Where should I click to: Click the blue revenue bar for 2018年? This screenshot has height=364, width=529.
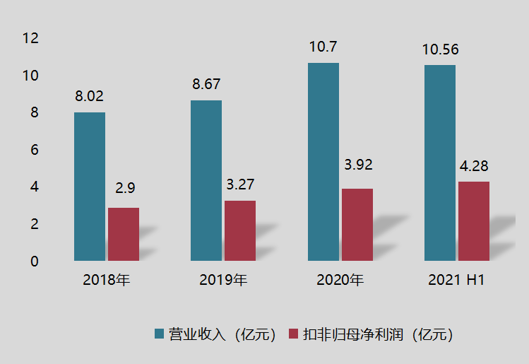pyautogui.click(x=90, y=187)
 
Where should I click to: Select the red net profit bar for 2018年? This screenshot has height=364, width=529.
pyautogui.click(x=124, y=234)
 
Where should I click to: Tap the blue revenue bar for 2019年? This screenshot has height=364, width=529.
pyautogui.click(x=206, y=180)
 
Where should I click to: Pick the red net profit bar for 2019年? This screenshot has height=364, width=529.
pyautogui.click(x=240, y=230)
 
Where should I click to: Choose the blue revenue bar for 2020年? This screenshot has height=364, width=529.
pyautogui.click(x=323, y=162)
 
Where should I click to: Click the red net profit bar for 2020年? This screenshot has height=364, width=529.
pyautogui.click(x=357, y=225)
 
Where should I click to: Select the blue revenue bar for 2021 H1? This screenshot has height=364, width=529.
pyautogui.click(x=440, y=163)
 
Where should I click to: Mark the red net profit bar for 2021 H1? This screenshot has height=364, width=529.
pyautogui.click(x=474, y=221)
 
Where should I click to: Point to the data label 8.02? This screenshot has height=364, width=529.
pyautogui.click(x=90, y=97)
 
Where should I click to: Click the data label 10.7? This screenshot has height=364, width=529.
pyautogui.click(x=323, y=47)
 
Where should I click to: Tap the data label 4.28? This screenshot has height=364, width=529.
pyautogui.click(x=474, y=167)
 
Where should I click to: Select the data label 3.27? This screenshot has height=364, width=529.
pyautogui.click(x=240, y=185)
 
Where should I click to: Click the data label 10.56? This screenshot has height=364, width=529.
pyautogui.click(x=440, y=49)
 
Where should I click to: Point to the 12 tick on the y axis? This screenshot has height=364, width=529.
pyautogui.click(x=30, y=38)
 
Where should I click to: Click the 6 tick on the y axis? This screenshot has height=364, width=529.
pyautogui.click(x=34, y=150)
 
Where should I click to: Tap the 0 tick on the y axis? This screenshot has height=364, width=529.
pyautogui.click(x=34, y=262)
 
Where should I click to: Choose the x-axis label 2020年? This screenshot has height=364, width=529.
pyautogui.click(x=340, y=280)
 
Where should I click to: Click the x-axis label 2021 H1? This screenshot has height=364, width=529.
pyautogui.click(x=456, y=280)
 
